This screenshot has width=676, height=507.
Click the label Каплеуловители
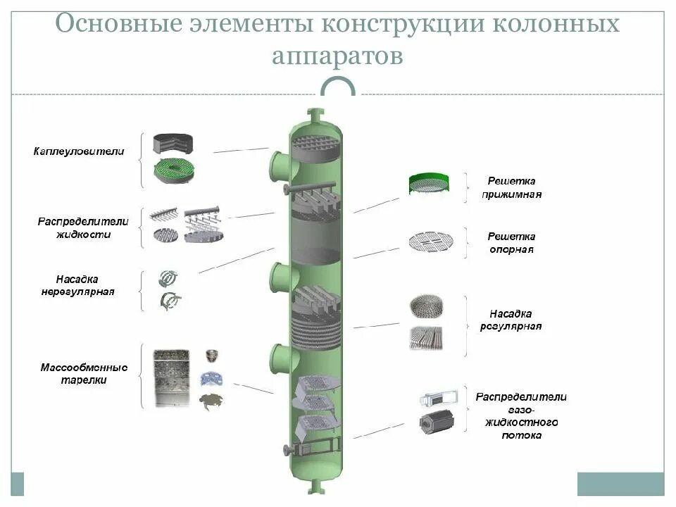pyautogui.click(x=78, y=151)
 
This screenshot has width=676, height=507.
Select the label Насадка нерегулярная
pyautogui.click(x=77, y=284)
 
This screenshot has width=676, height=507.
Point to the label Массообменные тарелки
pyautogui.click(x=83, y=373)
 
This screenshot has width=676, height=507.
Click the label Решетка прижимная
pyautogui.click(x=512, y=187)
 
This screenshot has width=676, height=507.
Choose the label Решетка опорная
pyautogui.click(x=512, y=243)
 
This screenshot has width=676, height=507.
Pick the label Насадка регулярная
pyautogui.click(x=511, y=320)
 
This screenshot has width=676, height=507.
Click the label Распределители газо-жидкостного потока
pyautogui.click(x=520, y=416)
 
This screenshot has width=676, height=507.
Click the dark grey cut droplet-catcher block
pyautogui.click(x=174, y=144)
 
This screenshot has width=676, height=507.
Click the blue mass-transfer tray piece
pyautogui.click(x=211, y=379)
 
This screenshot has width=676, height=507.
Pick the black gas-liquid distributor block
pyautogui.click(x=436, y=422)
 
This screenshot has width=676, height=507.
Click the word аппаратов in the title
pyautogui.click(x=337, y=56)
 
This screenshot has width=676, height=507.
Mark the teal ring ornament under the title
pyautogui.click(x=338, y=88)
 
